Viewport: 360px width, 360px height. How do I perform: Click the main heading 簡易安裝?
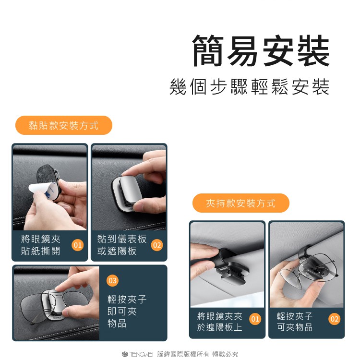pos(261,51)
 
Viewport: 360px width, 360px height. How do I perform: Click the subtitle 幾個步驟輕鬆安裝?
pos(250,87)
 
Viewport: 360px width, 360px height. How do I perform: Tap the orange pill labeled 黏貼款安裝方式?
pos(63,125)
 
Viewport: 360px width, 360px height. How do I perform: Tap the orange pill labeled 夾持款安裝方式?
pos(241,203)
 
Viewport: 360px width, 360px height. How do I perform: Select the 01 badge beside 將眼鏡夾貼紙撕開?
pos(77,245)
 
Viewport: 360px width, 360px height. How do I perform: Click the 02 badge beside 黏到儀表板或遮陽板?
pos(157,245)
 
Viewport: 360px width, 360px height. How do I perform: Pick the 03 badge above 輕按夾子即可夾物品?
pos(112,281)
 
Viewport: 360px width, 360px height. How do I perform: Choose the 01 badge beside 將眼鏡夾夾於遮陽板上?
pos(255,319)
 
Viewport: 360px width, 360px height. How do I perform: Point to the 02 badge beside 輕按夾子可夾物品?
pos(334,319)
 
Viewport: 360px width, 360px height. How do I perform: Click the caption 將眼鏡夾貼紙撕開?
pos(41,245)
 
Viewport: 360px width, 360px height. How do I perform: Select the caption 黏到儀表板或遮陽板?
pos(122,245)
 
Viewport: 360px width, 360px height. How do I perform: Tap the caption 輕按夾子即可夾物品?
pos(127,312)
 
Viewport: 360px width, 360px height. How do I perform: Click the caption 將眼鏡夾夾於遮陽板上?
pos(219,322)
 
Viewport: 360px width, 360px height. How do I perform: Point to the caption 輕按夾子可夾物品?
pos(295,322)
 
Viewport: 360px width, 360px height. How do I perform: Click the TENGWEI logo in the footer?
pos(138,354)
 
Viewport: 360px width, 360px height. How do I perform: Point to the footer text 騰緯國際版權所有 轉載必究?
pos(198,354)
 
